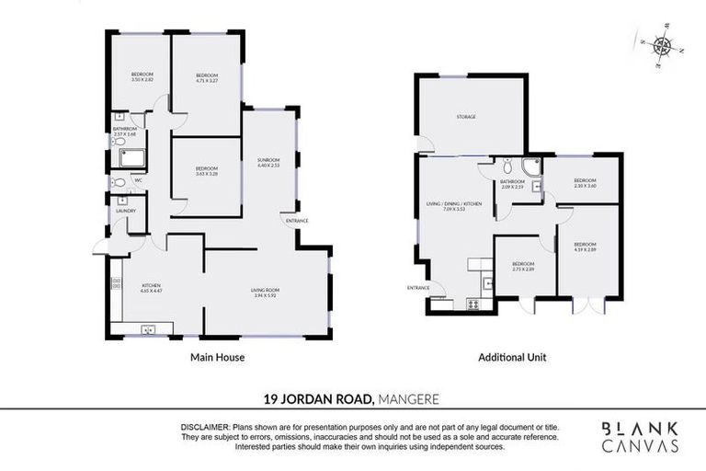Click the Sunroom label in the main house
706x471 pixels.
[268, 163]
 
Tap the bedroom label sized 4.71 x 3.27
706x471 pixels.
[207, 77]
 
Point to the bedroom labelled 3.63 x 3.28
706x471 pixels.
[207, 171]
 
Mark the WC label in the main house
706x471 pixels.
[138, 180]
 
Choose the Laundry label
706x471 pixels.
[125, 211]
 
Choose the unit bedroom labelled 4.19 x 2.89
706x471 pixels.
[586, 248]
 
